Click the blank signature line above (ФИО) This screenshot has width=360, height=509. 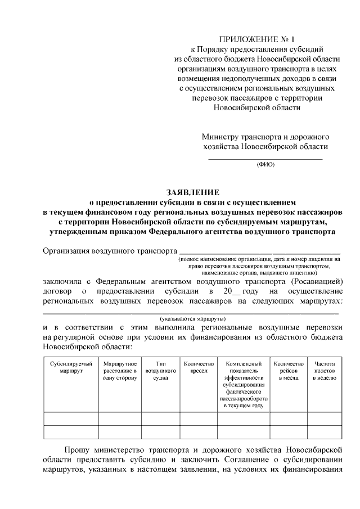click(265, 159)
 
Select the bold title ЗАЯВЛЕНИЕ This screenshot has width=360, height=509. click(192, 191)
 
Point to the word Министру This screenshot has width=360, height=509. click(223, 137)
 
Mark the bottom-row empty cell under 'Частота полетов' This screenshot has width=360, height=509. click(325, 432)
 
